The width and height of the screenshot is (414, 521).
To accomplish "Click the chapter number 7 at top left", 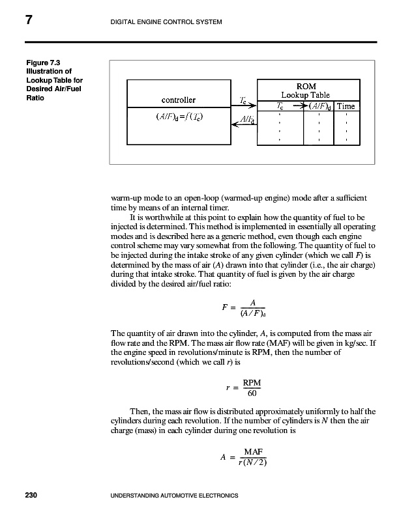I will [x=29, y=20].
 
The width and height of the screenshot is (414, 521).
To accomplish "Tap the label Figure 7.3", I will [x=42, y=63].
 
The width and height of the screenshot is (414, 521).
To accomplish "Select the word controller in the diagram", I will [x=178, y=100].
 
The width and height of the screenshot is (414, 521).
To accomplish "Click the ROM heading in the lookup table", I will [x=306, y=85].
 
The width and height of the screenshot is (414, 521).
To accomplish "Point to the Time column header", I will [x=346, y=106].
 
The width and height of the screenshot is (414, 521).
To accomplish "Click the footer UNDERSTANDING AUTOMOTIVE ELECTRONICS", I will [x=175, y=496].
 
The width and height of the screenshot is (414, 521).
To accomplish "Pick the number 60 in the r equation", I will [x=252, y=393].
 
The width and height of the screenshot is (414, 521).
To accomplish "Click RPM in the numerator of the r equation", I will [x=252, y=382].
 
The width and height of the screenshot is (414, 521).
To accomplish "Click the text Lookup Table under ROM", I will [x=306, y=95].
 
